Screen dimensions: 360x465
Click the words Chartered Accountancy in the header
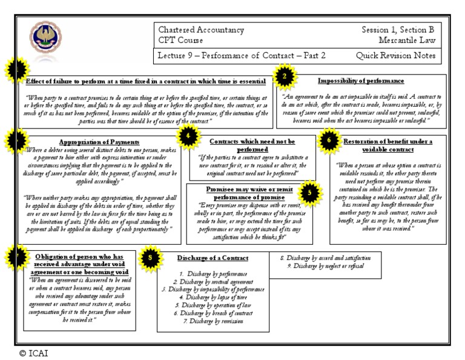[x=201, y=30]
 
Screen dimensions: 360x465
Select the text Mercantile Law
[x=406, y=41]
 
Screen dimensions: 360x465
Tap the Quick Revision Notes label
[x=395, y=56]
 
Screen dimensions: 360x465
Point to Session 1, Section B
[x=398, y=30]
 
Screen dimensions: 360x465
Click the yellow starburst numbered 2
[x=286, y=76]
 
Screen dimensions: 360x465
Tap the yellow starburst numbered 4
[x=189, y=136]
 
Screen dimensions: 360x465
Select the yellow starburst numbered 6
[x=328, y=139]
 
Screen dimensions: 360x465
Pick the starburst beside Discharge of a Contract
[x=150, y=257]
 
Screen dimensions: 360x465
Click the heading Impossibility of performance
[x=361, y=81]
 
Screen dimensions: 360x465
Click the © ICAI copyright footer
[x=33, y=353]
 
